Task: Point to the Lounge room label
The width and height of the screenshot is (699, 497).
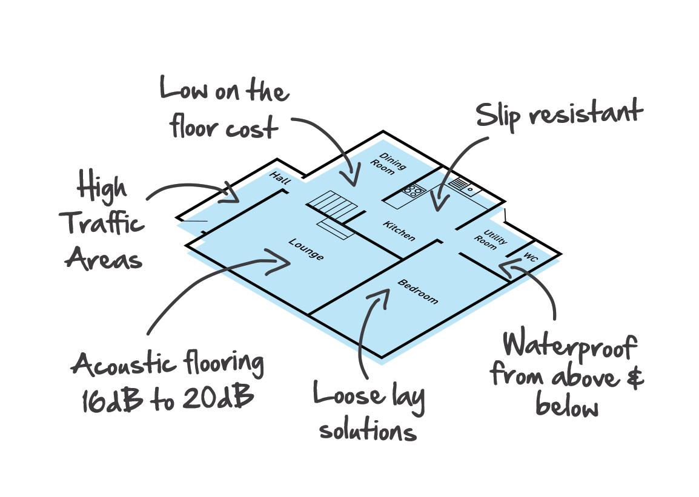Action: (306, 249)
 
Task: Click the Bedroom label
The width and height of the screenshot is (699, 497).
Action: (417, 291)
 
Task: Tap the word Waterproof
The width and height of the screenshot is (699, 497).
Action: (569, 346)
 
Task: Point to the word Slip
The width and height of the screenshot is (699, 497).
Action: (499, 116)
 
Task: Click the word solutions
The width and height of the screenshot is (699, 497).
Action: (368, 430)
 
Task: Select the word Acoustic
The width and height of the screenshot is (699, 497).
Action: (123, 366)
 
